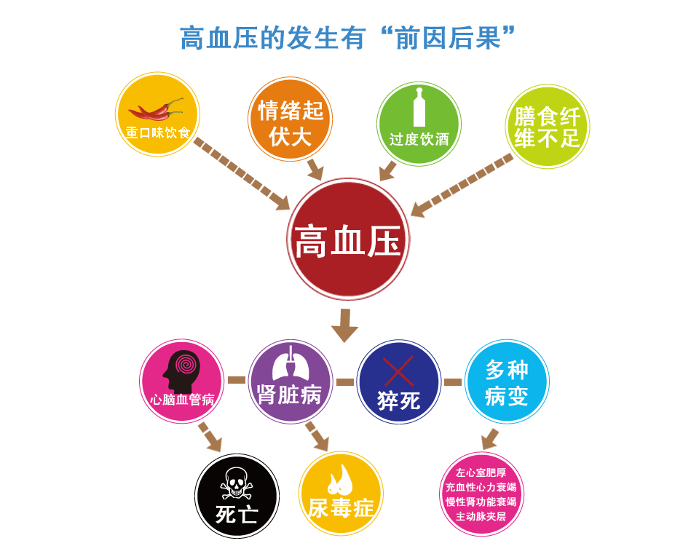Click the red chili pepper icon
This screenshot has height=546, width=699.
click(156, 109)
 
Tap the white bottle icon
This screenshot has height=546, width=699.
click(419, 107)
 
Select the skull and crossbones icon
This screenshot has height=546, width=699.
click(236, 483)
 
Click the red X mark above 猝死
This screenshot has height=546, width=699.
click(398, 371)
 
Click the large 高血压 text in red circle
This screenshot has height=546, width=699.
click(348, 241)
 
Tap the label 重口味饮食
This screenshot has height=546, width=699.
click(158, 132)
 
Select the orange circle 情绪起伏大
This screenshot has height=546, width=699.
click(291, 119)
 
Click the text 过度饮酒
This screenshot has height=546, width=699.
click(419, 140)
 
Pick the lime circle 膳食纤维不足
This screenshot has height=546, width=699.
click(548, 126)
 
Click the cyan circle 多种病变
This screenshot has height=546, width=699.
click(507, 381)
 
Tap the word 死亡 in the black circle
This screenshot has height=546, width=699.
click(237, 515)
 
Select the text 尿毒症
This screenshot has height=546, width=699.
click(341, 508)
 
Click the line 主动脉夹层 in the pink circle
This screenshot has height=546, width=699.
click(481, 517)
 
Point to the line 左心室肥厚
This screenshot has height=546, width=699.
click(481, 473)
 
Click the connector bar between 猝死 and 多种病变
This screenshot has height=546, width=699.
click(453, 382)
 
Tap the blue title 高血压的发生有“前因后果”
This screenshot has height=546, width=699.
click(348, 38)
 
